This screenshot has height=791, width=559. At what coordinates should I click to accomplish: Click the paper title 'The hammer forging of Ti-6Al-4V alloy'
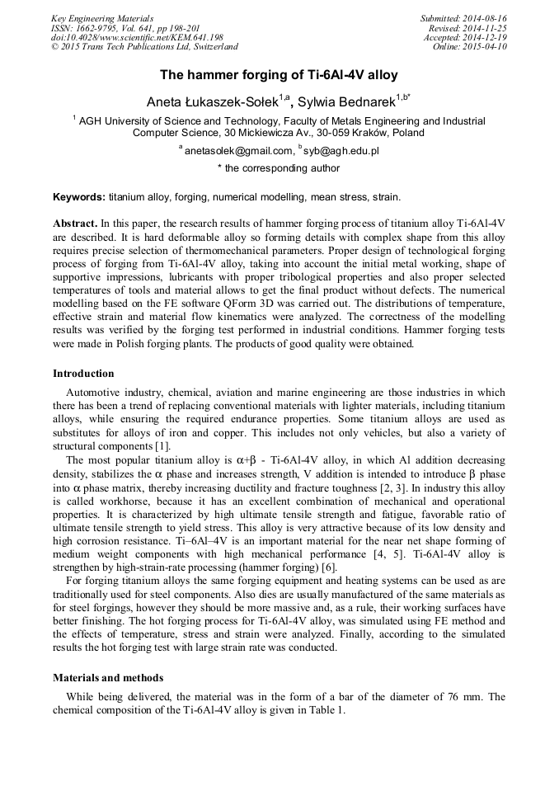click(x=279, y=75)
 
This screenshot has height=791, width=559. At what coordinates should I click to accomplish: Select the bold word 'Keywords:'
click(x=79, y=197)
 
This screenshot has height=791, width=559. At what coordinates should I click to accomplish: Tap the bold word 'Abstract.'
click(x=76, y=223)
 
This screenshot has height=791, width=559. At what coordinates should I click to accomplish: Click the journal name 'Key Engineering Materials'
click(x=102, y=18)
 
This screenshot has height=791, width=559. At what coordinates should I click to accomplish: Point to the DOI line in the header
click(x=137, y=37)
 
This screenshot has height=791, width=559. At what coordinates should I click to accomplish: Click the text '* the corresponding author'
click(x=279, y=168)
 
